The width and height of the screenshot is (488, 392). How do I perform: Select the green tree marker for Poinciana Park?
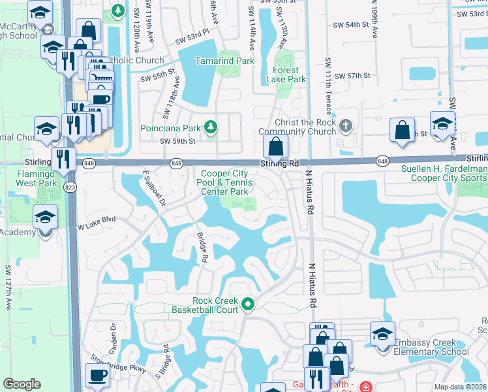(211, 126)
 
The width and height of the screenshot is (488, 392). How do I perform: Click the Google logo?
(22, 384)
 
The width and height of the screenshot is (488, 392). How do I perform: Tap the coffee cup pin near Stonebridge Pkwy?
(98, 376)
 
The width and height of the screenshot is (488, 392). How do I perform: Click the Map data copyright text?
(461, 387)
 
